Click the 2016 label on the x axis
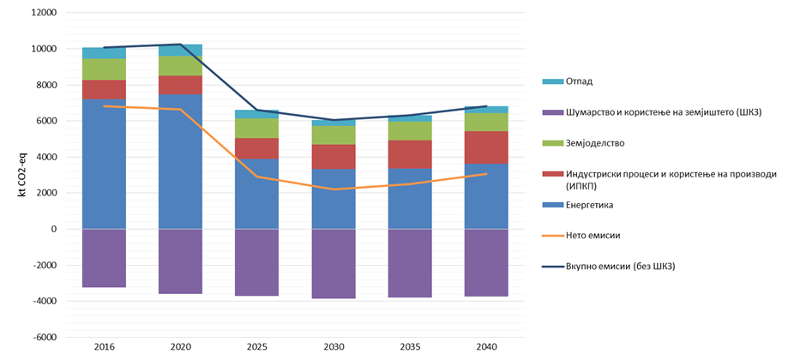[105, 347]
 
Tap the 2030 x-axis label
[334, 347]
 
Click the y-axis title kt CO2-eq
[21, 176]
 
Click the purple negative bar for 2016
[105, 258]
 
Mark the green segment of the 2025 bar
[257, 128]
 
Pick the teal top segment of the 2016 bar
[105, 53]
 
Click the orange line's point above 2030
[334, 189]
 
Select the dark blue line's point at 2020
[181, 45]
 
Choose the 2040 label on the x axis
[487, 347]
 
